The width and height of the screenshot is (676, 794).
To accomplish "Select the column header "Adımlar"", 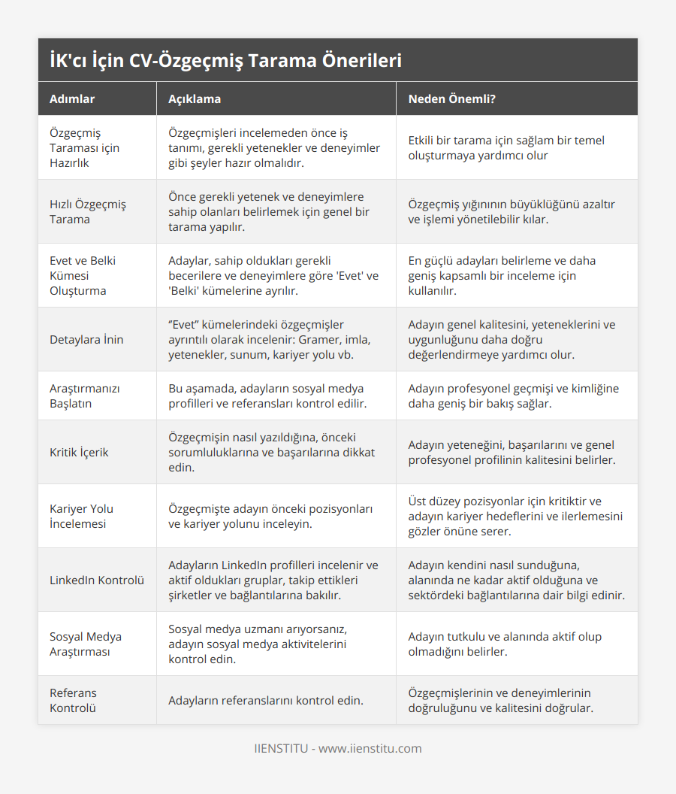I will point(72,98).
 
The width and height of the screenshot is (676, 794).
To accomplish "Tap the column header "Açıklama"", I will point(194,98).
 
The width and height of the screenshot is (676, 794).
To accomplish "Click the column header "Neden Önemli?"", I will point(451,98).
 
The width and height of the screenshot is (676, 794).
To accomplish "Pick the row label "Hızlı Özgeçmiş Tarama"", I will point(87,211).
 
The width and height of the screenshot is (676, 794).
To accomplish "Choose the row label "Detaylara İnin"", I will point(86,339).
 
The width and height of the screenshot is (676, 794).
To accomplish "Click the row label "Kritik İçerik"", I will point(79,452).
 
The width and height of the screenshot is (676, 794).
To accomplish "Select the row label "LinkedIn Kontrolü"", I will point(97,580).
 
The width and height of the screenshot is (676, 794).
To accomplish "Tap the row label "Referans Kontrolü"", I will point(73,700).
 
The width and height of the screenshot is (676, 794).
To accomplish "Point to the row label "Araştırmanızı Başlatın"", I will point(84,395).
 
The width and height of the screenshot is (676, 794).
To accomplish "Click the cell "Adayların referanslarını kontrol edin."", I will point(266,700).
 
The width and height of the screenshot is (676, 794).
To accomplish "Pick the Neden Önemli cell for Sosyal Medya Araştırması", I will point(505,644).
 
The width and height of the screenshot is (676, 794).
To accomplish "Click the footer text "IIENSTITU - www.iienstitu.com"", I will point(338,748).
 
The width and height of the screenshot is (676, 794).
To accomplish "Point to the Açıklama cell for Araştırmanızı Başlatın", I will point(267,395).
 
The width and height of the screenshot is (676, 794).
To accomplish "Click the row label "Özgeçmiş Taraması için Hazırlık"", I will point(84,147).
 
